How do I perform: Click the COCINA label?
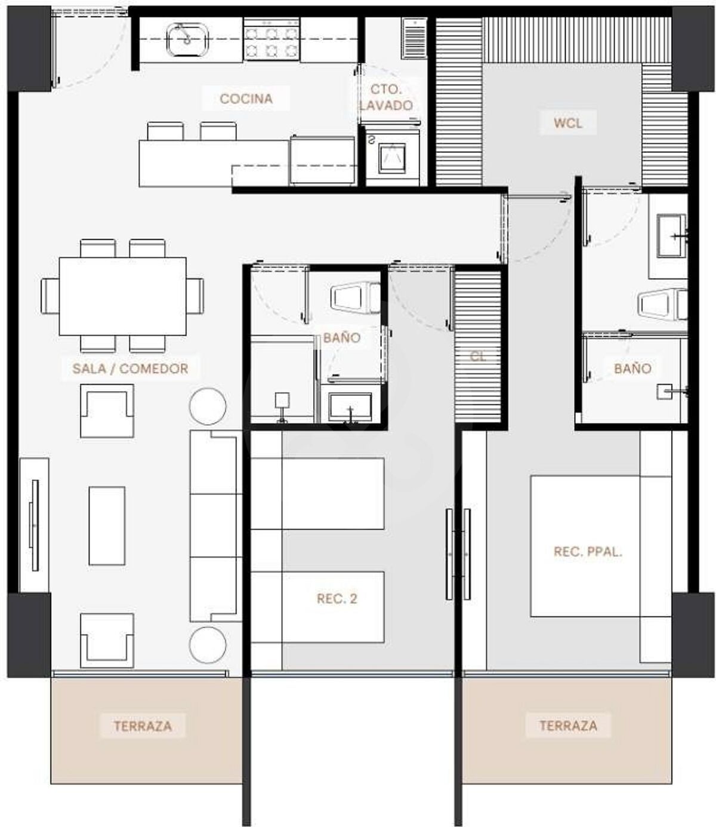click(246, 99)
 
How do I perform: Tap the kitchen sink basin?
click(187, 39)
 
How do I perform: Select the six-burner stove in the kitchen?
click(272, 39)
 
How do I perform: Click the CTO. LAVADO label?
click(386, 97)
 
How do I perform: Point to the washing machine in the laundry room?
click(392, 156)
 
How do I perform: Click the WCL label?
click(567, 123)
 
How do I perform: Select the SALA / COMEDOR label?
click(130, 368)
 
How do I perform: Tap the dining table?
click(123, 296)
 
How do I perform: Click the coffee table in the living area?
click(107, 525)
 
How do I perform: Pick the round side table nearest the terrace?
click(208, 645)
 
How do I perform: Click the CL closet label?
click(478, 356)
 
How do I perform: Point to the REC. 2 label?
click(337, 598)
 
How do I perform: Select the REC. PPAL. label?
click(588, 552)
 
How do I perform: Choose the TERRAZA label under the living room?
click(143, 726)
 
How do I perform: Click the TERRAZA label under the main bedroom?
click(569, 725)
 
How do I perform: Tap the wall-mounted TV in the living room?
click(35, 525)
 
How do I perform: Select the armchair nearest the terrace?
click(107, 641)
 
